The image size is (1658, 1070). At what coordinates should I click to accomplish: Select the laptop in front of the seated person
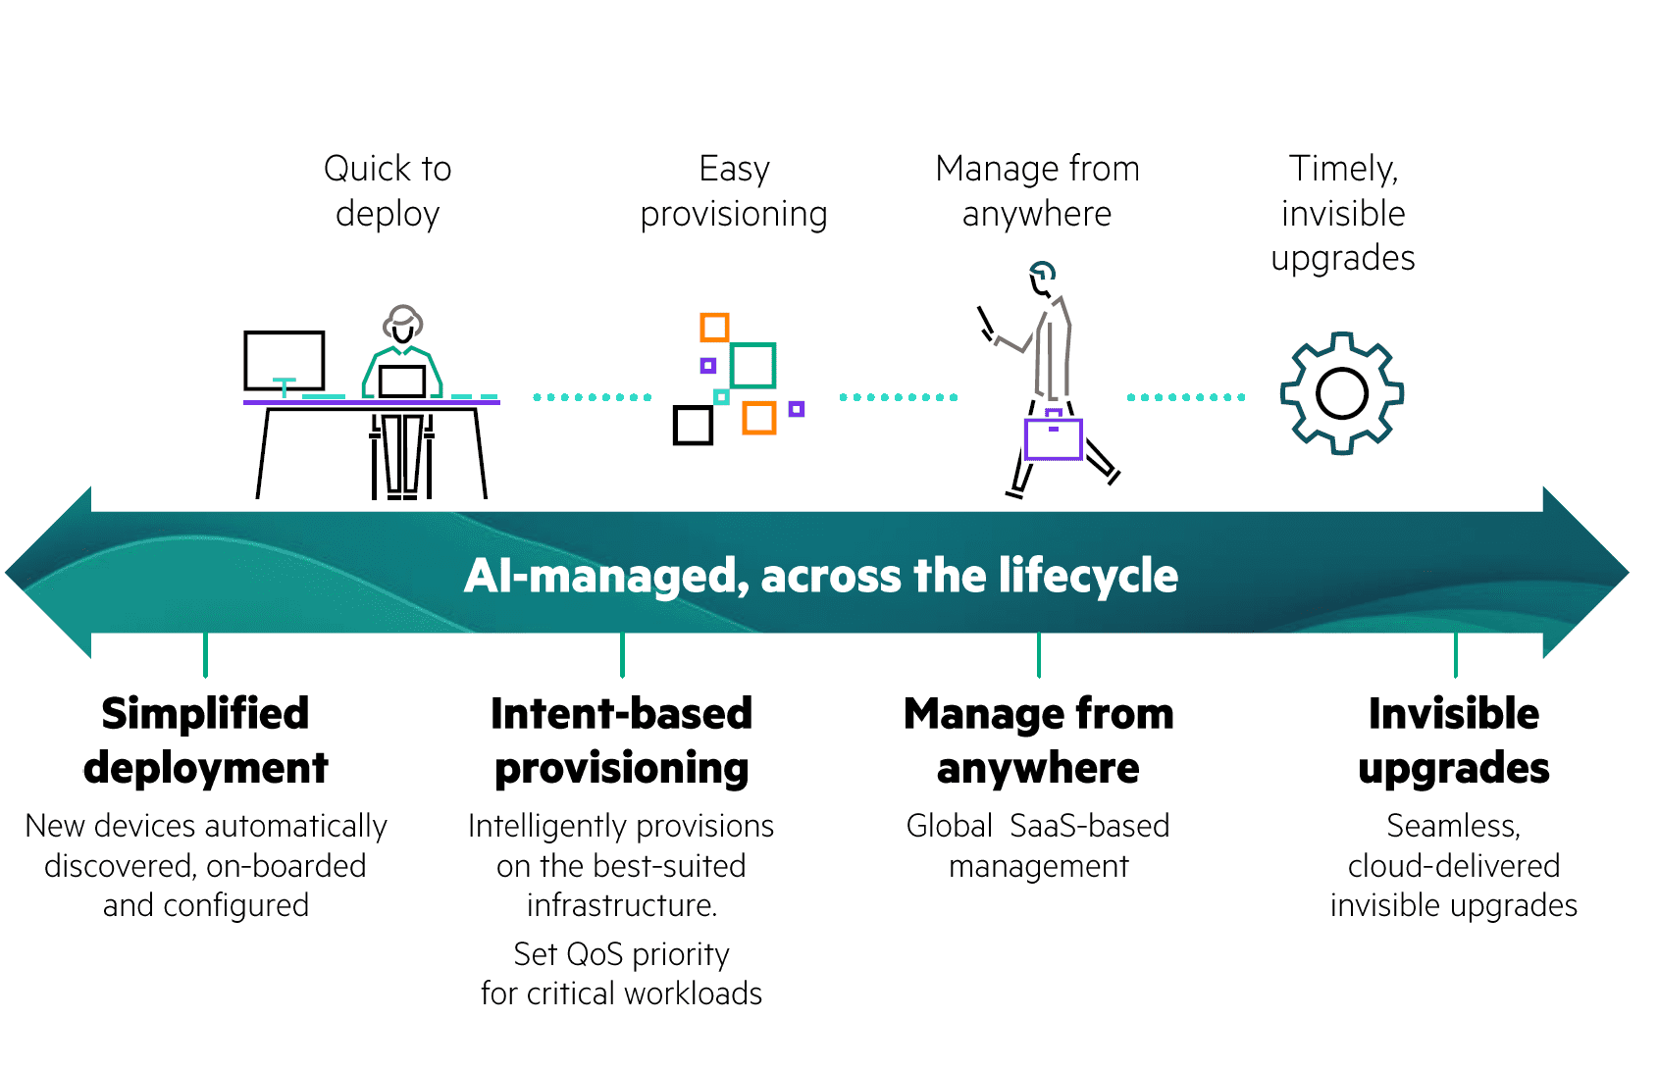[x=401, y=382]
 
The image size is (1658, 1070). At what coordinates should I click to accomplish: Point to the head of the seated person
[x=402, y=324]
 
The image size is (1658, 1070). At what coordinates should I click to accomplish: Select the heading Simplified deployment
[x=206, y=739]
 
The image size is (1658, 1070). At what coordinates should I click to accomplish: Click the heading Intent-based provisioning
[x=622, y=739]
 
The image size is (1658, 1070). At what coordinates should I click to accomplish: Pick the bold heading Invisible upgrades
[x=1454, y=739]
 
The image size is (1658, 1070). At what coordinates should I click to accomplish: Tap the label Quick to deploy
[x=388, y=191]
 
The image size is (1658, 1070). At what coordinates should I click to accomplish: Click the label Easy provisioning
[x=734, y=191]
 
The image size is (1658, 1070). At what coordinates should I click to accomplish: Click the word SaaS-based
[x=1090, y=826]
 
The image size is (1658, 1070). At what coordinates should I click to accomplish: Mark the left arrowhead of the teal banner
[x=48, y=572]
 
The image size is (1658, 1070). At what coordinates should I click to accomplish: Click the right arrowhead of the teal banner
[x=1586, y=572]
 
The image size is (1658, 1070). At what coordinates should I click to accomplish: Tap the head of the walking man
[x=1042, y=279]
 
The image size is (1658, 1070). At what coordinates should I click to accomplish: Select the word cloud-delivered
[x=1454, y=866]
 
